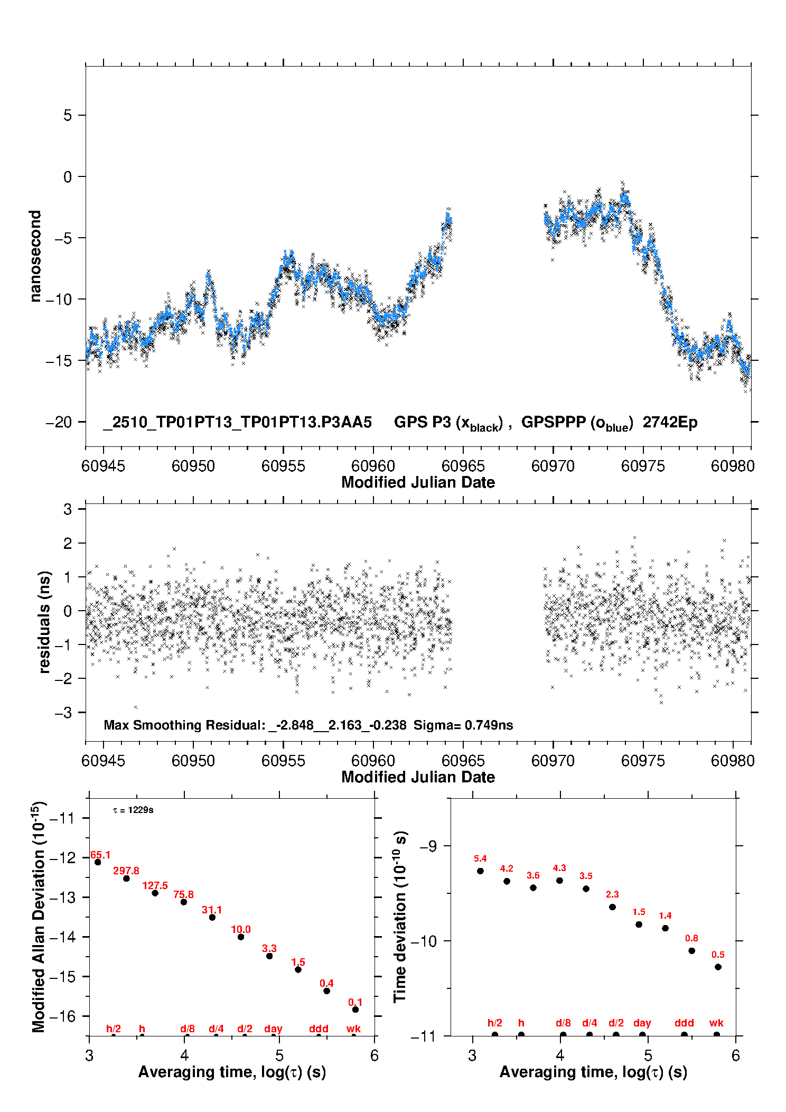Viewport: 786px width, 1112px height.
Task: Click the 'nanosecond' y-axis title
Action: [x=35, y=256]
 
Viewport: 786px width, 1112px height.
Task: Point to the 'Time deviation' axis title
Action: [x=400, y=917]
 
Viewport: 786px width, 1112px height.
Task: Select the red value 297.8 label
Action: [x=126, y=871]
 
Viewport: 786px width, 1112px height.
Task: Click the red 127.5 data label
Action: [x=155, y=885]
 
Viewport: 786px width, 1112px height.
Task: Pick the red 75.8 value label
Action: [x=183, y=894]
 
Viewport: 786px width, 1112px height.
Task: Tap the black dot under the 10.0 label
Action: [x=241, y=937]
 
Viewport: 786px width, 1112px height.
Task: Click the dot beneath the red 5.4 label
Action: [x=480, y=871]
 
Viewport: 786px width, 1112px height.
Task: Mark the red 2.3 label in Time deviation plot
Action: [x=612, y=894]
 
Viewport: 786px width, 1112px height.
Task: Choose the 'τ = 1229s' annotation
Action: [x=133, y=810]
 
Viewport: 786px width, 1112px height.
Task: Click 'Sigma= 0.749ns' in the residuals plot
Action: [x=463, y=725]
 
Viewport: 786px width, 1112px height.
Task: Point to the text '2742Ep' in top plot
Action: [x=670, y=423]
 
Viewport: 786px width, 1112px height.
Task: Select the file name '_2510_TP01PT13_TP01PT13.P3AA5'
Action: [x=237, y=423]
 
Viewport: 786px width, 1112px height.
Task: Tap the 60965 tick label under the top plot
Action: [x=463, y=466]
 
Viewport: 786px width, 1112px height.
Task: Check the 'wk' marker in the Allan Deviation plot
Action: [x=353, y=1029]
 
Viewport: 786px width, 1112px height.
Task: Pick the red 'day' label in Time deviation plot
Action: [x=642, y=1023]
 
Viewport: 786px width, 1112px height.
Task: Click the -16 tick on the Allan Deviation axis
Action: [x=63, y=1016]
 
